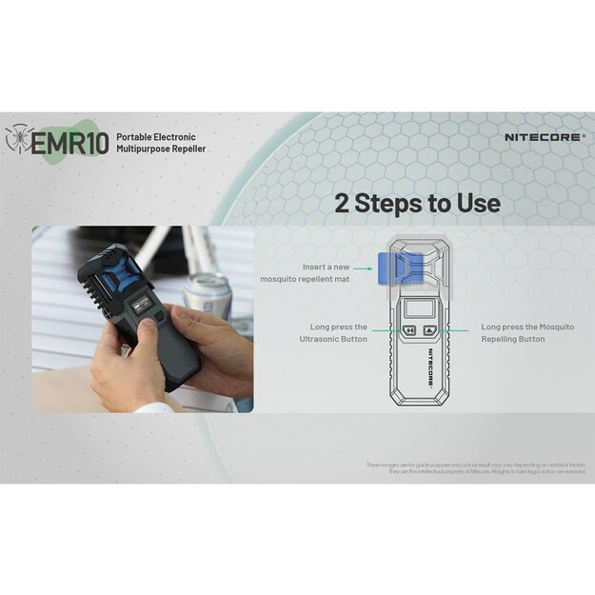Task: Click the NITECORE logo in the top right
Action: coord(545,137)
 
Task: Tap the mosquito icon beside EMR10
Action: coord(18,138)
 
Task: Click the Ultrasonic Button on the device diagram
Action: coord(409,332)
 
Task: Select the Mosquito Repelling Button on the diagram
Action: coord(431,332)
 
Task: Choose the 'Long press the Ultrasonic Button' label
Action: coord(334,332)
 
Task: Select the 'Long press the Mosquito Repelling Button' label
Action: coord(527,332)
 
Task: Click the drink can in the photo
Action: coord(208,294)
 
